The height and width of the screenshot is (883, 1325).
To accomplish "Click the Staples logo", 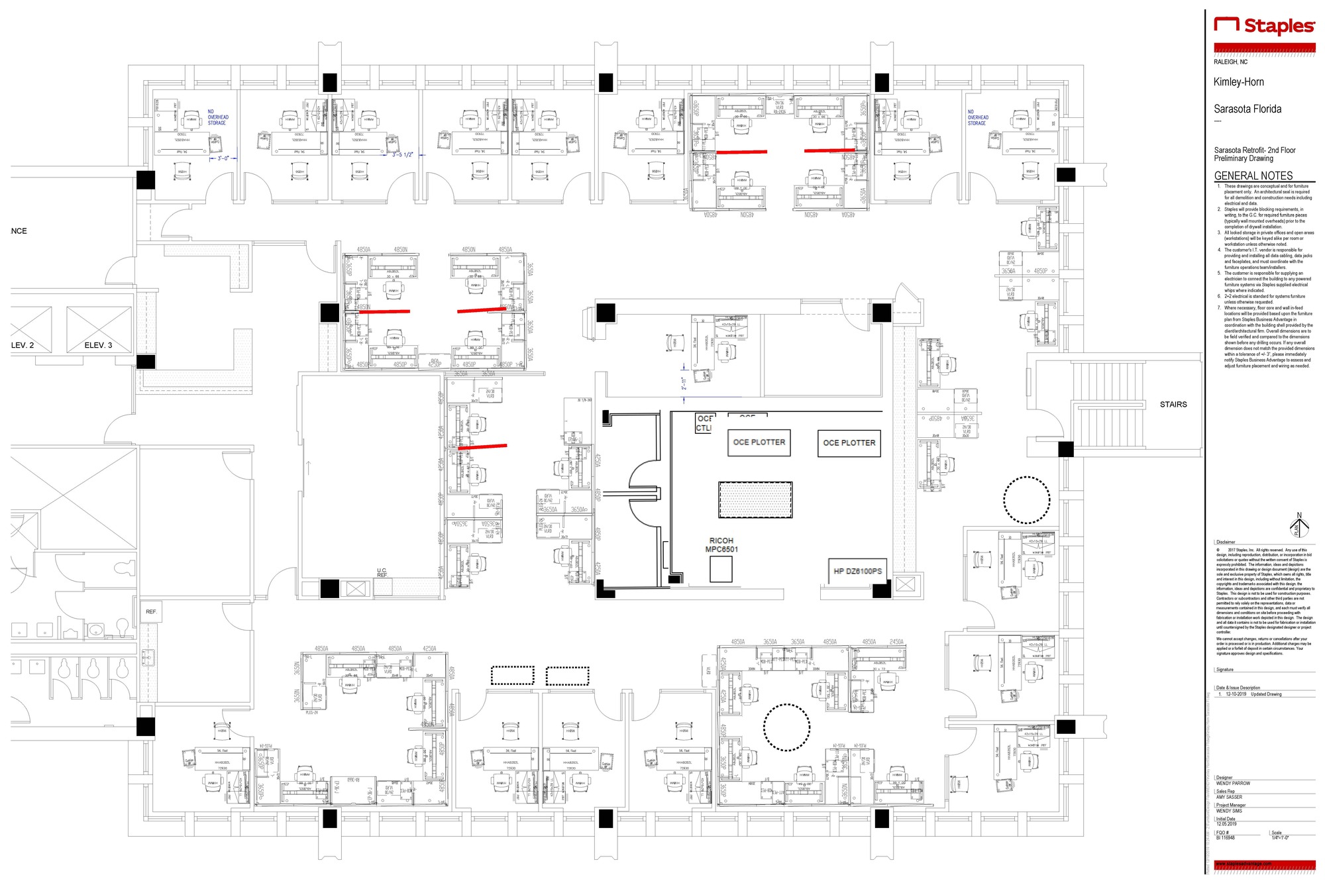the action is point(1263,26).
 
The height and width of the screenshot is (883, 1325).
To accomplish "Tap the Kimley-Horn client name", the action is point(1238,82).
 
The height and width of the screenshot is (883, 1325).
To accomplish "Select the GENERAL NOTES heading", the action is point(1253,176).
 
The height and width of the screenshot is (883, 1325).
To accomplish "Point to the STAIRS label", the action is point(1173,404).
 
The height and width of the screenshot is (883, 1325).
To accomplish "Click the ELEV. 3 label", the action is point(98,345).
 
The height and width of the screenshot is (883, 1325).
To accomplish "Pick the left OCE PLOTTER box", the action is point(759,442).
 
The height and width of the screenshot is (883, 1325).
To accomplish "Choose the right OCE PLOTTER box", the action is point(849,443).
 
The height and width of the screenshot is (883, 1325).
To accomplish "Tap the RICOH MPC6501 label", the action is point(721,545).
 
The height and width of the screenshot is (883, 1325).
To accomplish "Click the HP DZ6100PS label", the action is point(857,571).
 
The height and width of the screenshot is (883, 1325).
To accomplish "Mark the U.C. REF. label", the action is point(382,573).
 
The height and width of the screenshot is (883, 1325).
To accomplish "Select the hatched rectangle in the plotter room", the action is point(755,499).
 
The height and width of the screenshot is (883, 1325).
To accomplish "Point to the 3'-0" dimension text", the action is point(223,158).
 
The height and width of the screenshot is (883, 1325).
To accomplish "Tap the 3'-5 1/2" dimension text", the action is point(402,155).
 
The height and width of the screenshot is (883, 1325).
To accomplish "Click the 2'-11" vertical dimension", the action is point(684,384).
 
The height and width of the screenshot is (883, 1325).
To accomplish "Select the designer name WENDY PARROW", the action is point(1233,784).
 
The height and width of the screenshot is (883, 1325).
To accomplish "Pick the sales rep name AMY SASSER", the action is point(1229,798).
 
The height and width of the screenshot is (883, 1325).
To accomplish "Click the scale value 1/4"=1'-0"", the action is point(1280,838).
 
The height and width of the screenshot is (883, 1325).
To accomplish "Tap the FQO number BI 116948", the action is point(1225,838).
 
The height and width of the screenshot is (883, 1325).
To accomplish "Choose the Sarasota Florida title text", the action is point(1247,109).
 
